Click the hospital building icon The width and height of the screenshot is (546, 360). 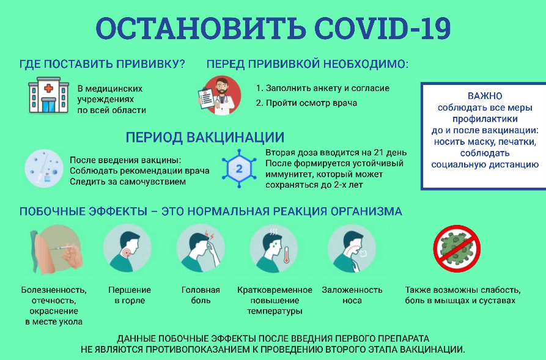pyautogui.click(x=49, y=95)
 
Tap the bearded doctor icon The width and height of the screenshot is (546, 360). pyautogui.click(x=220, y=96)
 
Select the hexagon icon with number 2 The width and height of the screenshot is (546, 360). pyautogui.click(x=239, y=169)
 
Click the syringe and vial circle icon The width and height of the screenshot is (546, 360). pyautogui.click(x=44, y=169)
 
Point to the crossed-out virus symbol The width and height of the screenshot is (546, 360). pyautogui.click(x=457, y=248)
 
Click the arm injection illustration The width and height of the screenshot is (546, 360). pyautogui.click(x=56, y=249)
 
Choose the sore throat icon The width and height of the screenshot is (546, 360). pyautogui.click(x=127, y=248)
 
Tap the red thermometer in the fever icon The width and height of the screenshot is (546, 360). pyautogui.click(x=286, y=255)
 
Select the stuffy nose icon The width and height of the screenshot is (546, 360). pyautogui.click(x=352, y=248)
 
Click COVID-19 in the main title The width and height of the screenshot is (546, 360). pyautogui.click(x=382, y=28)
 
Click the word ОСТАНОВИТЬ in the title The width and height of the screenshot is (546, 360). pyautogui.click(x=201, y=28)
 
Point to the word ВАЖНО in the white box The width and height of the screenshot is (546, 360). pyautogui.click(x=485, y=96)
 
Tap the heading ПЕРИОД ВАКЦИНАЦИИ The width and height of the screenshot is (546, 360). pyautogui.click(x=205, y=137)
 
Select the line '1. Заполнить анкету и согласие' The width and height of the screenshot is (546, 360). pyautogui.click(x=323, y=89)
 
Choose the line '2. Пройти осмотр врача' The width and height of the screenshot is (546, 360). pyautogui.click(x=306, y=103)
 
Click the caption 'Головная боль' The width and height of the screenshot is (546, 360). pyautogui.click(x=201, y=295)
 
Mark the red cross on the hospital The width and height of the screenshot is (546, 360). pyautogui.click(x=48, y=89)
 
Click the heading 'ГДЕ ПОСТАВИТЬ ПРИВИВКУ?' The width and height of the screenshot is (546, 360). pyautogui.click(x=102, y=64)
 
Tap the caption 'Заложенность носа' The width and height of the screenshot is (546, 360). pyautogui.click(x=352, y=295)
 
